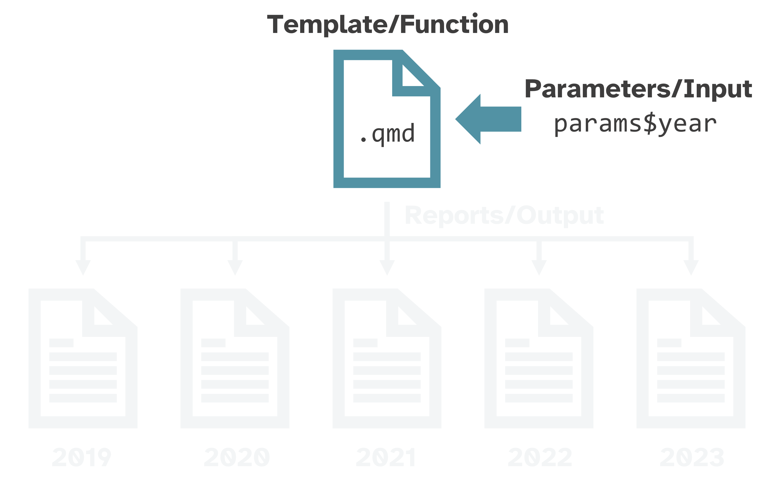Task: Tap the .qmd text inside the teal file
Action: tap(387, 134)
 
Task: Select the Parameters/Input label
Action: tap(638, 89)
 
